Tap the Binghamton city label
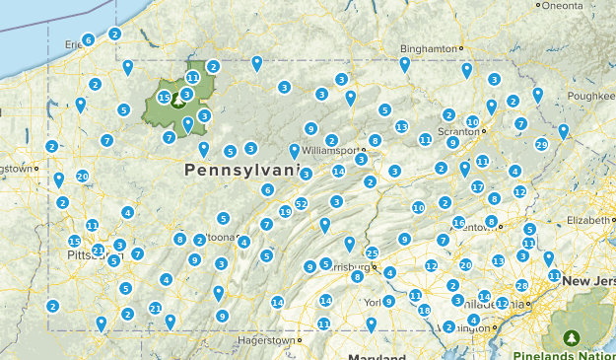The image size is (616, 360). pyautogui.click(x=431, y=48)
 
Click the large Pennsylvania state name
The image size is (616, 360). pyautogui.click(x=240, y=171)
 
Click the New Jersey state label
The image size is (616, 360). pyautogui.click(x=588, y=282)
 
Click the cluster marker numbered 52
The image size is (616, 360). pyautogui.click(x=302, y=204)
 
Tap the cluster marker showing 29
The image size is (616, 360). pyautogui.click(x=541, y=145)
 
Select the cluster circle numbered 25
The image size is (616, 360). pyautogui.click(x=372, y=253)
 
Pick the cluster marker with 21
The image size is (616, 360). pyautogui.click(x=155, y=309)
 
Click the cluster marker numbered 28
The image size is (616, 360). pyautogui.click(x=521, y=285)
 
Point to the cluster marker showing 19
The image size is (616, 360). pyautogui.click(x=286, y=211)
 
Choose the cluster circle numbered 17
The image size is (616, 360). pyautogui.click(x=477, y=186)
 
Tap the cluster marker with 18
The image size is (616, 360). pyautogui.click(x=424, y=311)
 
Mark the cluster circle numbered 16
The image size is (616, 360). pyautogui.click(x=458, y=222)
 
